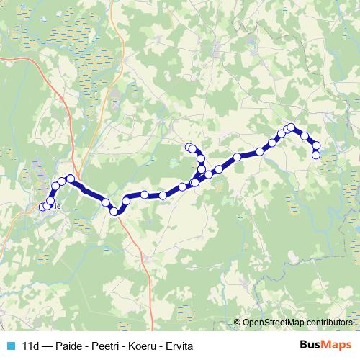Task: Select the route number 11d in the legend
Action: [31, 346]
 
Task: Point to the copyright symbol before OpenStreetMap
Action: [238, 323]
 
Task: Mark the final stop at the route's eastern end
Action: [316, 155]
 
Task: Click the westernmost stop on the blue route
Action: [41, 208]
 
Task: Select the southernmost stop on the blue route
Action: [114, 212]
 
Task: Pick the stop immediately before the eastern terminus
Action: [317, 146]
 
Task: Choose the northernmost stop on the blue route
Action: [292, 127]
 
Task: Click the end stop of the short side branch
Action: [189, 148]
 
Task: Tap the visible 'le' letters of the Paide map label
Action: [56, 206]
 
